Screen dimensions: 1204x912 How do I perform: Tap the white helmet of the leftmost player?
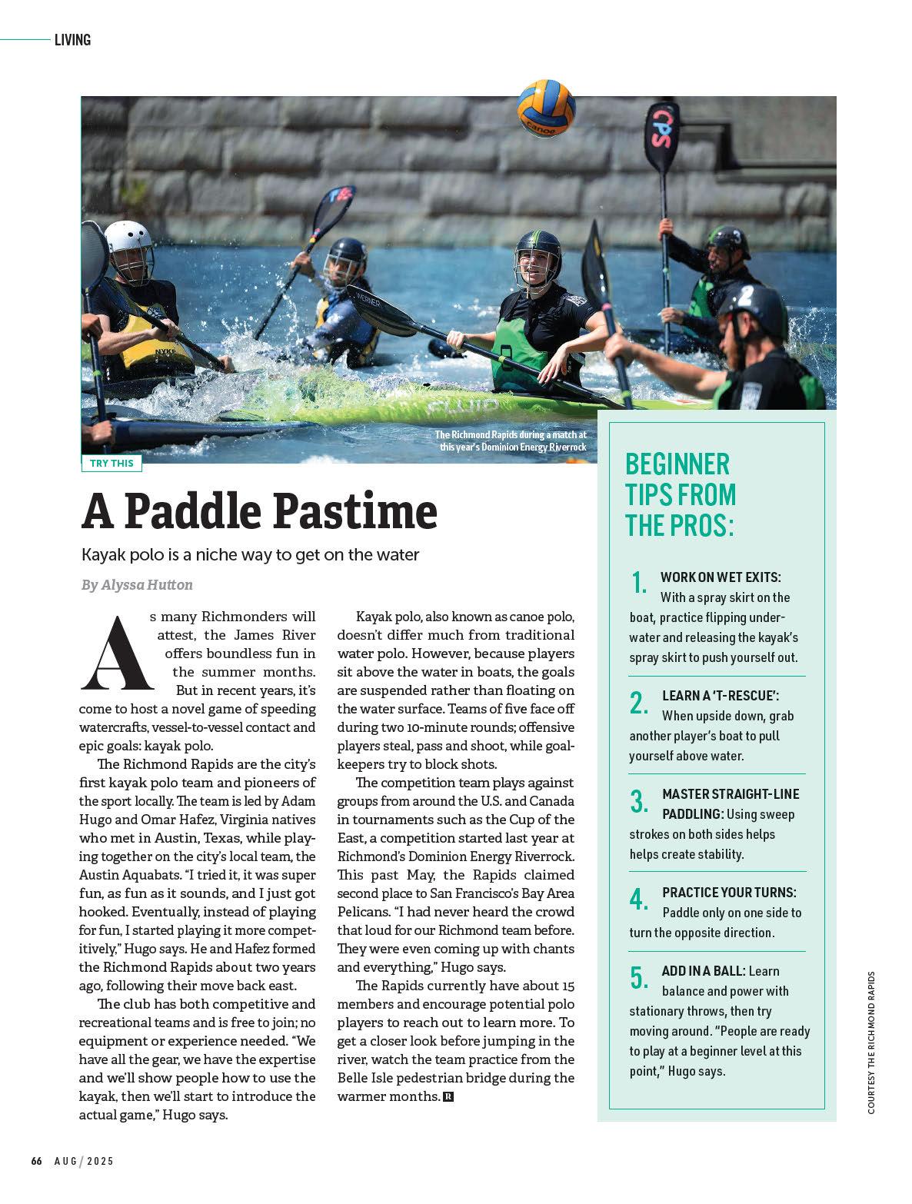pos(128,239)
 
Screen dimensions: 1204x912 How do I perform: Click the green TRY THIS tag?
pos(112,463)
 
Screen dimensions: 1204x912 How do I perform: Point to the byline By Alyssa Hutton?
pos(137,584)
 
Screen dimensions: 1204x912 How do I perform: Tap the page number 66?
pos(36,1161)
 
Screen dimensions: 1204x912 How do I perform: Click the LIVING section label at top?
pos(72,40)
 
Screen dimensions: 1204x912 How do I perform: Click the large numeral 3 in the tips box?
pos(638,801)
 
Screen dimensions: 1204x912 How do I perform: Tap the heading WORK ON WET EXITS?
pos(721,577)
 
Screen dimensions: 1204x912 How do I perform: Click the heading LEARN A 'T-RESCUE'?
pos(721,695)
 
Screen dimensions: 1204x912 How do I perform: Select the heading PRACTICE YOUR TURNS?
pos(729,893)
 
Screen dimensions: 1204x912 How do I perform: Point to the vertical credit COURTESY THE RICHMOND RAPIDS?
pos(871,1043)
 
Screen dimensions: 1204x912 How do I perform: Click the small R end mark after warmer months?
pos(448,1096)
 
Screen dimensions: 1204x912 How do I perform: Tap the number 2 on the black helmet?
pos(745,296)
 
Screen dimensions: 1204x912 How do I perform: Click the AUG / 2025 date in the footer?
pos(84,1161)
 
